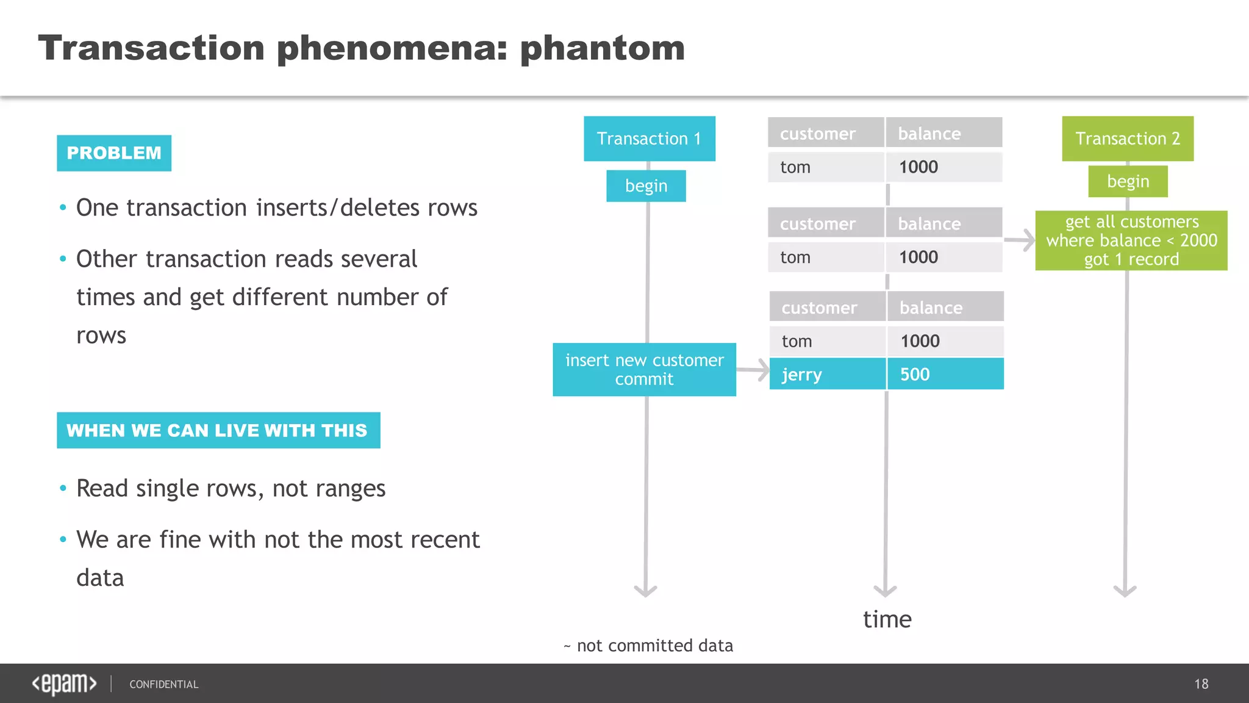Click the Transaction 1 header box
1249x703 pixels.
tap(649, 139)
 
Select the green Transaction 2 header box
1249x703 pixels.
tap(1127, 139)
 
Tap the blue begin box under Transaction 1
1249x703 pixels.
tap(646, 186)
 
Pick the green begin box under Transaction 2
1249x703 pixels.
tap(1128, 181)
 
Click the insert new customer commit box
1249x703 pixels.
tap(644, 369)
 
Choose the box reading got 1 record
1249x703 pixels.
tap(1131, 240)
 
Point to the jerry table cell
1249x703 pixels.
tap(826, 374)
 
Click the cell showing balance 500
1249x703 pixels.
tap(944, 374)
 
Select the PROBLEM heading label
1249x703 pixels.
tap(114, 153)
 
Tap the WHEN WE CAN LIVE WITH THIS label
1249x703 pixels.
tap(218, 430)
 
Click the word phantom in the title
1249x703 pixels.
tap(602, 48)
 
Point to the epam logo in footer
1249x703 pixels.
tap(64, 683)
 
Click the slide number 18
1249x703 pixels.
tap(1201, 683)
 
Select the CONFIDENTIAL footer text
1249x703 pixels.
tap(163, 685)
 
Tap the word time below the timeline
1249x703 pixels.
tap(887, 619)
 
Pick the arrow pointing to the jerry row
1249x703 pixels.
tap(753, 370)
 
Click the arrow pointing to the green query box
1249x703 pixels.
tap(1020, 240)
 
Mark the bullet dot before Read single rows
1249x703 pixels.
tap(63, 488)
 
